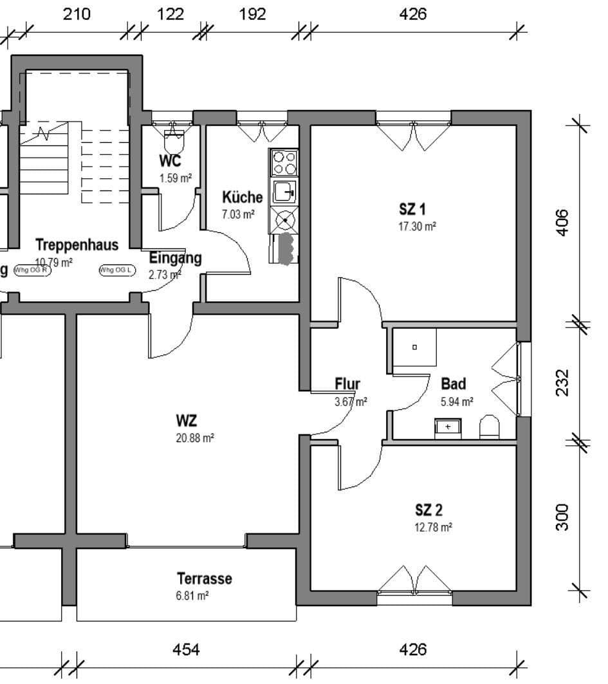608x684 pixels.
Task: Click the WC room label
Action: [170, 162]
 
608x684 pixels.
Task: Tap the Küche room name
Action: [242, 197]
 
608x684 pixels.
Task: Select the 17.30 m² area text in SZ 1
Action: [417, 226]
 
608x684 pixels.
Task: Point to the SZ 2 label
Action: [428, 511]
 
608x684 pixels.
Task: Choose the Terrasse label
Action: [204, 578]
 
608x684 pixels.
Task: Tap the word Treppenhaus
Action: [77, 245]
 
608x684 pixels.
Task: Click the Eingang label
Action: [175, 258]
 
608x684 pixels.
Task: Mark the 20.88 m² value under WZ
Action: [195, 438]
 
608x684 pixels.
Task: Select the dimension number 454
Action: [186, 650]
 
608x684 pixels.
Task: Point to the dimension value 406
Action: [562, 223]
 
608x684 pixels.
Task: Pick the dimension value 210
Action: [77, 14]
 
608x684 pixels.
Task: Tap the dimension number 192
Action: [252, 14]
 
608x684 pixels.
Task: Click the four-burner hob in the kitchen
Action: [284, 163]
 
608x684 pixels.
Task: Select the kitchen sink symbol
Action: [284, 192]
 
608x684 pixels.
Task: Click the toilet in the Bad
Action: [490, 426]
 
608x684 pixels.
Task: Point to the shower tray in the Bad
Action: [414, 347]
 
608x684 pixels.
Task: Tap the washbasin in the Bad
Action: [448, 427]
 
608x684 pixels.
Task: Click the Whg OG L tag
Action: [116, 270]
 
